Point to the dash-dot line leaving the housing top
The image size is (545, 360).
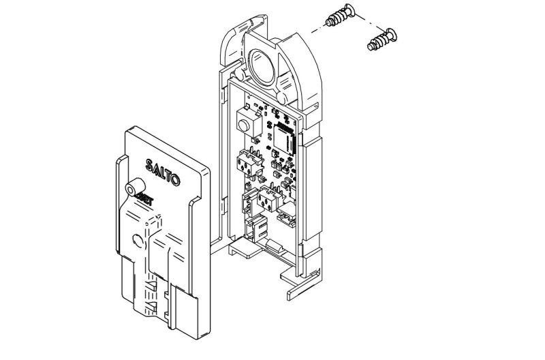[313, 30]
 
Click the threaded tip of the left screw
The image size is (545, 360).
[330, 22]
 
